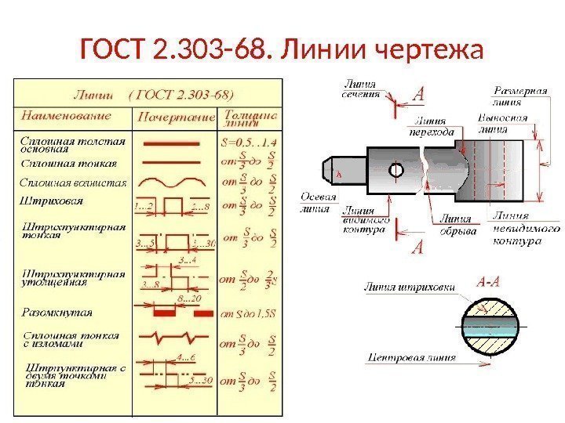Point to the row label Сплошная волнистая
coord(72,183)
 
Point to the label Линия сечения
coord(360,89)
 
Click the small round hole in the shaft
coord(395,170)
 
